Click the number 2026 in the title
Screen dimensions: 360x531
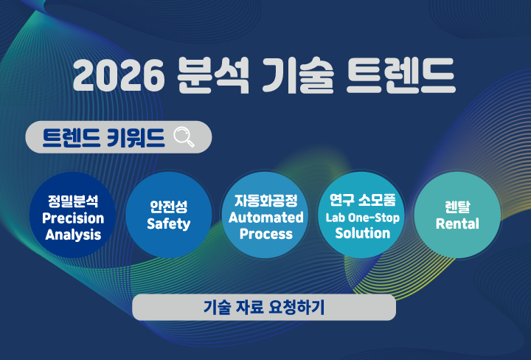119,75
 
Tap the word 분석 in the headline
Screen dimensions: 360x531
215,75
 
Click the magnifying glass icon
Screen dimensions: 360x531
184,137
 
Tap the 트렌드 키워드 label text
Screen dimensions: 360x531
103,137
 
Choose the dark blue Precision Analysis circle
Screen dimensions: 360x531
73,215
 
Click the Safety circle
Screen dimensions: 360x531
169,215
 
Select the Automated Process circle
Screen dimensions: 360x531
265,215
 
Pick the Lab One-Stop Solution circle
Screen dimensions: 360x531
362,215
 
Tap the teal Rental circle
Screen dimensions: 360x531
457,215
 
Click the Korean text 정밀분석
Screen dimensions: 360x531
73,201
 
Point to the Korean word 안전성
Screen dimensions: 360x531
169,207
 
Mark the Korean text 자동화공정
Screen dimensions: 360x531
265,201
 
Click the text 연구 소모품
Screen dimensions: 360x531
362,201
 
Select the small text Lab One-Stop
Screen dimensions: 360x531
362,218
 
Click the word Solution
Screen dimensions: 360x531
362,234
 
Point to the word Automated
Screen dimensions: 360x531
265,218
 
